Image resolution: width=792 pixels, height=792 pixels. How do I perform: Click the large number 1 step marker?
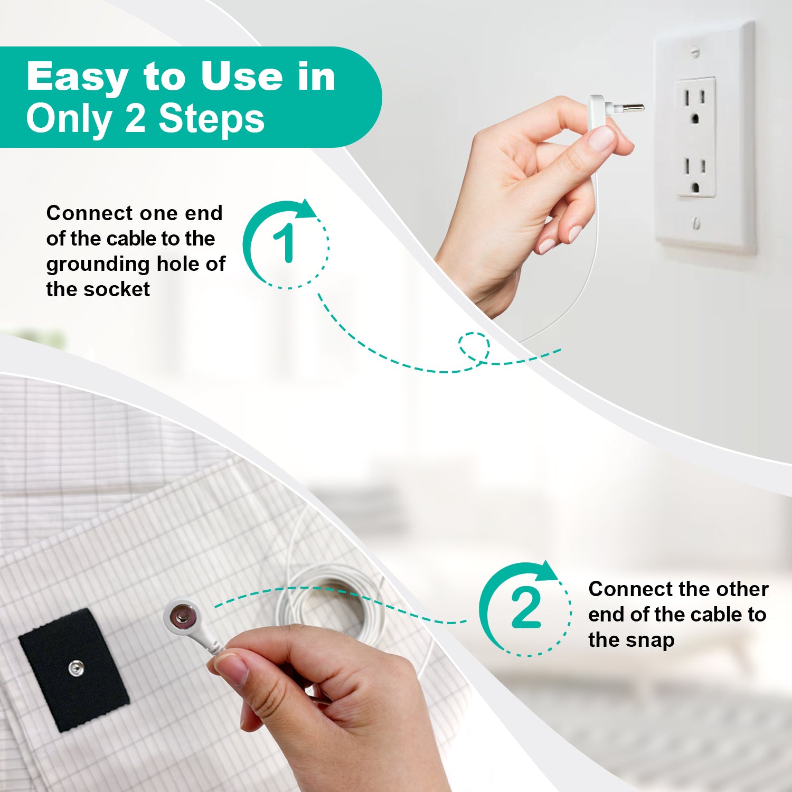[286, 243]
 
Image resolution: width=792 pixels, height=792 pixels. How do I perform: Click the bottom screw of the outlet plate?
[696, 223]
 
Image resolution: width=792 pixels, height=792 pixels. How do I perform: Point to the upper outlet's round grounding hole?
[695, 118]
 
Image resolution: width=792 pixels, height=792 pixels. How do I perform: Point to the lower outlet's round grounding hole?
[695, 187]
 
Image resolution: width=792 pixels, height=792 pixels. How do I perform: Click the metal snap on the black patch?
[76, 668]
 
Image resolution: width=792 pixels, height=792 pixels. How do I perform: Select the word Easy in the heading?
[77, 77]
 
